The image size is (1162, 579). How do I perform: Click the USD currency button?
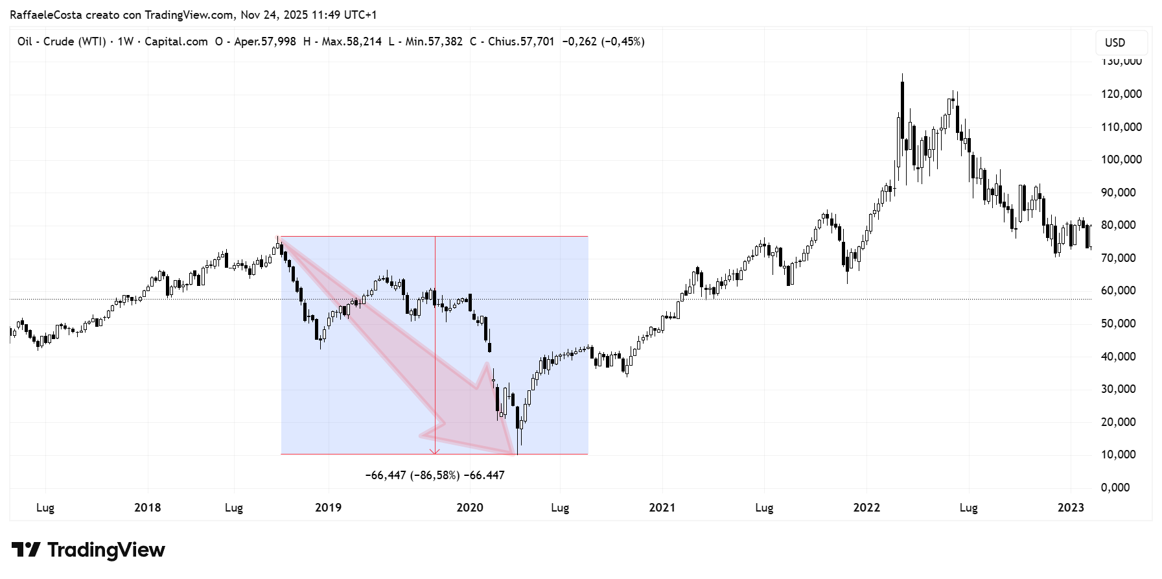tap(1115, 43)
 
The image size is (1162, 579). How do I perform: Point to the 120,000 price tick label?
tap(1121, 94)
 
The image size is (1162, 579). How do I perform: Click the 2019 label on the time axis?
tap(328, 508)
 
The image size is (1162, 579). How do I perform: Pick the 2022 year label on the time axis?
tap(866, 508)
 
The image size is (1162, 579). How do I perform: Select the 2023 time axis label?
tap(1071, 508)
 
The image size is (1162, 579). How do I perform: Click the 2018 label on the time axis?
tap(147, 508)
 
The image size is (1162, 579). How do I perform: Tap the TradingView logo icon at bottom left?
tap(26, 550)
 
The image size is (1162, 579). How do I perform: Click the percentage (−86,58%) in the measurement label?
tap(435, 475)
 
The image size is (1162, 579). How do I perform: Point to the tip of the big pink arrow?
tap(515, 453)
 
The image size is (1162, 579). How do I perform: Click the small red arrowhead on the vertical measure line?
tap(435, 451)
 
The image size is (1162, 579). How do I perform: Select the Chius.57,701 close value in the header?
tap(521, 41)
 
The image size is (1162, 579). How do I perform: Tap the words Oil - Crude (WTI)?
tap(62, 41)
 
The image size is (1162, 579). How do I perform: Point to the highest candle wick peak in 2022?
tap(902, 75)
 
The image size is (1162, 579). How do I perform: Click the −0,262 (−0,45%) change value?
tap(603, 41)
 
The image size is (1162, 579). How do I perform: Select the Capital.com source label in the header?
tap(176, 41)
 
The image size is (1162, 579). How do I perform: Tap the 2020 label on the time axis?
tap(470, 508)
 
